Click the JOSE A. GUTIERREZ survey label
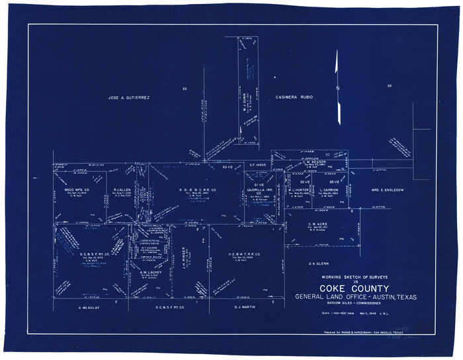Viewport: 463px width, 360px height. [x=130, y=97]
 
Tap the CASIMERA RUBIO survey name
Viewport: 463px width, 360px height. [x=294, y=97]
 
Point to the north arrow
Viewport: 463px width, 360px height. [x=337, y=86]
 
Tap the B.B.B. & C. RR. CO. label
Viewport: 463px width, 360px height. [x=198, y=190]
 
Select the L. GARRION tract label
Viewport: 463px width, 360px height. [x=329, y=190]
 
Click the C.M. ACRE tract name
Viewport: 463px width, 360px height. [x=319, y=224]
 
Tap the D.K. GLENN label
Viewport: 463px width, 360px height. [x=319, y=264]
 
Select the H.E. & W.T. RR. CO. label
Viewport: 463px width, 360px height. [x=244, y=255]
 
